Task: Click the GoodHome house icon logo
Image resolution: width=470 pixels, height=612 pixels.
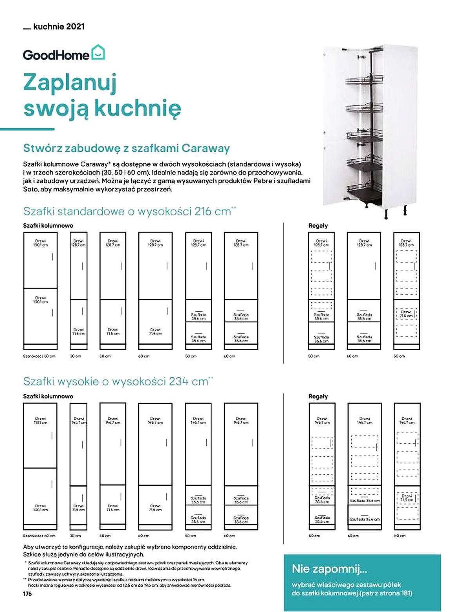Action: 98,53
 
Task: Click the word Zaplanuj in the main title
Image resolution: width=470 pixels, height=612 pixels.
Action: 70,83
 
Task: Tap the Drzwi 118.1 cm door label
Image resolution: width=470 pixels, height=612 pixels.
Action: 40,420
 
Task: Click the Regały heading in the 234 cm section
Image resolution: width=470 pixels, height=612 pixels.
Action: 318,396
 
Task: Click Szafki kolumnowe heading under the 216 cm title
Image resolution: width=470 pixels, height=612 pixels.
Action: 48,225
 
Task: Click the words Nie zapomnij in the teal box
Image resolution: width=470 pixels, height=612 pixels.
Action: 329,568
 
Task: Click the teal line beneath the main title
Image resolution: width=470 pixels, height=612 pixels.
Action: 27,129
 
